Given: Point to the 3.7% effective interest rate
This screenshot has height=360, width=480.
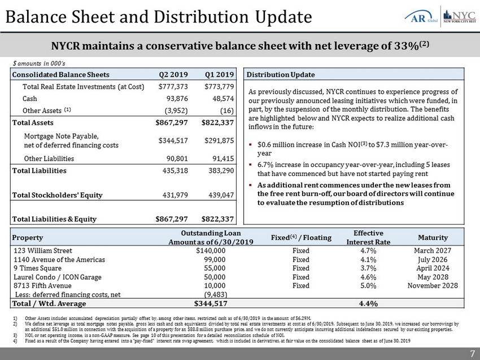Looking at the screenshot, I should [x=368, y=268].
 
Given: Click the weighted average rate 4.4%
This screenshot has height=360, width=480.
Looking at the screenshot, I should [x=368, y=304].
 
